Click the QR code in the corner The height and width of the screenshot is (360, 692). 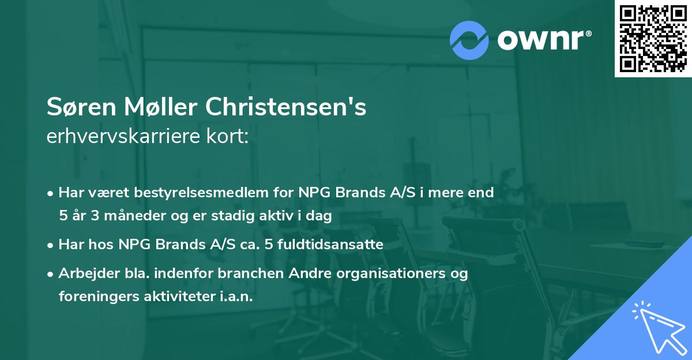653,38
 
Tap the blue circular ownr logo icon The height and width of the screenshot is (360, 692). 469,40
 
